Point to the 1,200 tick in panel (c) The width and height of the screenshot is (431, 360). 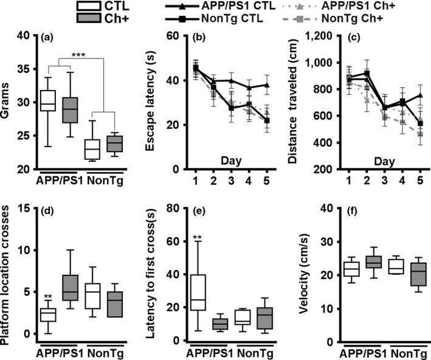tap(320, 36)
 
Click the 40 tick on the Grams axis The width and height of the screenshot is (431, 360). tap(25, 36)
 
